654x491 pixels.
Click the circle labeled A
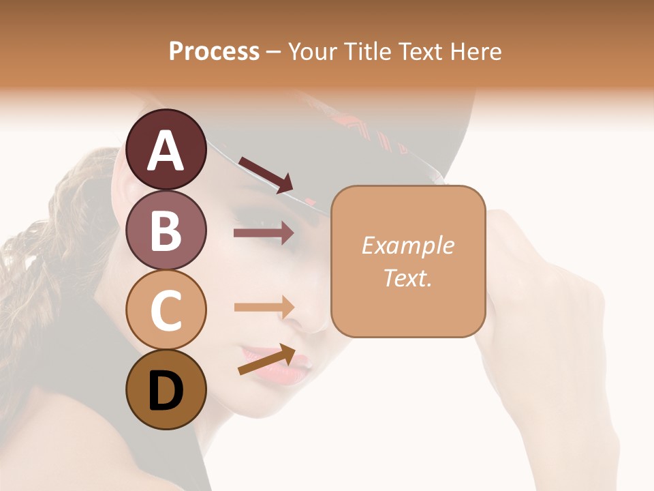166,149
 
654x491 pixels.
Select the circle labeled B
166,230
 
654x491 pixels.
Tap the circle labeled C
166,310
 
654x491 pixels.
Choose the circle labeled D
166,389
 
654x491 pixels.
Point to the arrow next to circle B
264,233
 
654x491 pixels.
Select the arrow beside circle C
264,307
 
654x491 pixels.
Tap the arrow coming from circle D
266,359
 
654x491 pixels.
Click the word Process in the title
214,51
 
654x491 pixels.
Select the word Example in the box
407,245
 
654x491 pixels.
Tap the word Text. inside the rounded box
407,278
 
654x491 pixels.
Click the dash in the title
274,53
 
